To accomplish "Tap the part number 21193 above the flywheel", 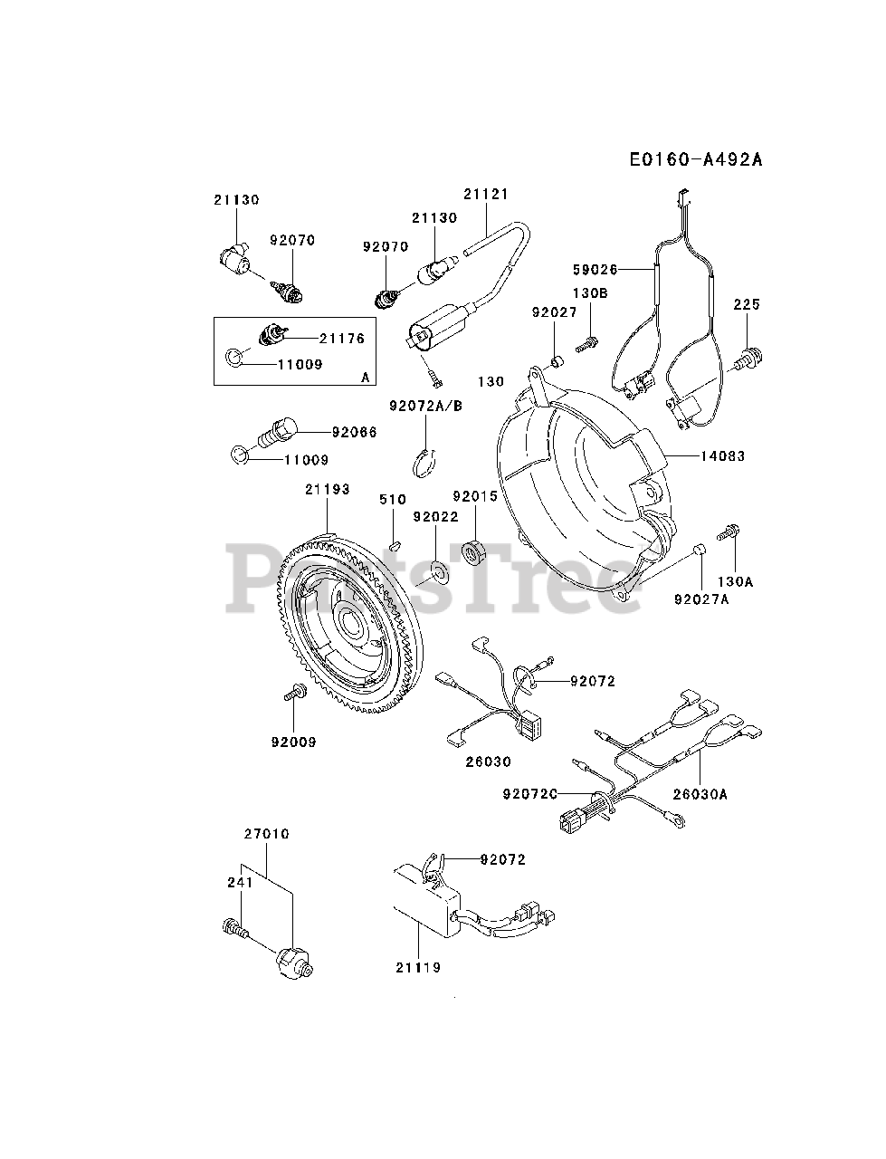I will click(328, 489).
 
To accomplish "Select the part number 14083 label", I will click(723, 456).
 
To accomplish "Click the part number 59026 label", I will click(595, 269).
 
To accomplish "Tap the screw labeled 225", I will click(748, 359).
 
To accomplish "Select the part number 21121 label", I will click(486, 194).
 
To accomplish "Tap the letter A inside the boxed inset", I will click(366, 377).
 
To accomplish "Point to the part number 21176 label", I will click(342, 339).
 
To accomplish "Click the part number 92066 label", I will click(355, 432).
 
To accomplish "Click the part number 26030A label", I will click(700, 794).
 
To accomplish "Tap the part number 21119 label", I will click(419, 967).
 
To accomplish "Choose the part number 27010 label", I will click(266, 834).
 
